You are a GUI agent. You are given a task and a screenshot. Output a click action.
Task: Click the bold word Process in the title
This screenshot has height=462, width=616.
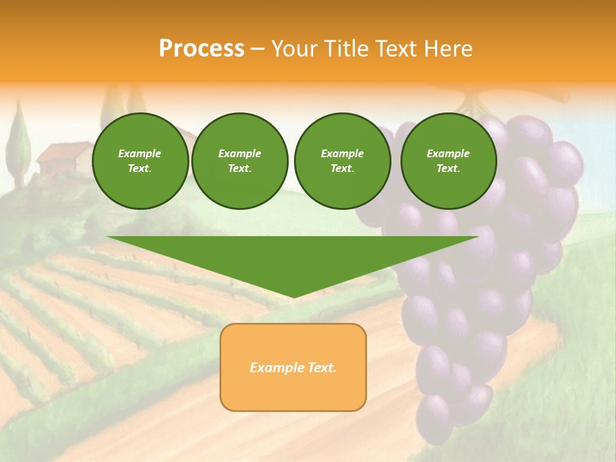pyautogui.click(x=201, y=49)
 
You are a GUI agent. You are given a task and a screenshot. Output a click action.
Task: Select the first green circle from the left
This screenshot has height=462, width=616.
pyautogui.click(x=140, y=161)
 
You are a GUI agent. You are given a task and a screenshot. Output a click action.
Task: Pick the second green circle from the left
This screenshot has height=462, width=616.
pyautogui.click(x=239, y=161)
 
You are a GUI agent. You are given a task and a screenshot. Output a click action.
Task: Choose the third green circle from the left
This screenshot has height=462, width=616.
pyautogui.click(x=342, y=161)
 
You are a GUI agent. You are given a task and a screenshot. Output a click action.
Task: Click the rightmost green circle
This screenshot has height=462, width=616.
pyautogui.click(x=448, y=161)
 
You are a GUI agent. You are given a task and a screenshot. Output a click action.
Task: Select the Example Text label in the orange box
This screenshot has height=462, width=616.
pyautogui.click(x=293, y=368)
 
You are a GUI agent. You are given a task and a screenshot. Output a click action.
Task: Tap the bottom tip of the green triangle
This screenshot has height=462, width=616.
pyautogui.click(x=293, y=296)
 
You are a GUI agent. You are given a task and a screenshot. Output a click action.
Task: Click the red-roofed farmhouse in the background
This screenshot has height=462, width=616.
pyautogui.click(x=64, y=157)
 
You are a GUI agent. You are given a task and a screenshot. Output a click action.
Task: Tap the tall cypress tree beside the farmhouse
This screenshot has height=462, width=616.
pyautogui.click(x=19, y=144)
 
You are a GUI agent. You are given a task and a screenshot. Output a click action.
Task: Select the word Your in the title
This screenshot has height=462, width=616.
pyautogui.click(x=294, y=49)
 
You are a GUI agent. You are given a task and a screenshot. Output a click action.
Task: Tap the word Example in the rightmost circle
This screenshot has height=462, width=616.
pyautogui.click(x=448, y=153)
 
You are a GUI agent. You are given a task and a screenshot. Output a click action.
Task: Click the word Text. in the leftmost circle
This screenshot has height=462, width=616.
pyautogui.click(x=140, y=169)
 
